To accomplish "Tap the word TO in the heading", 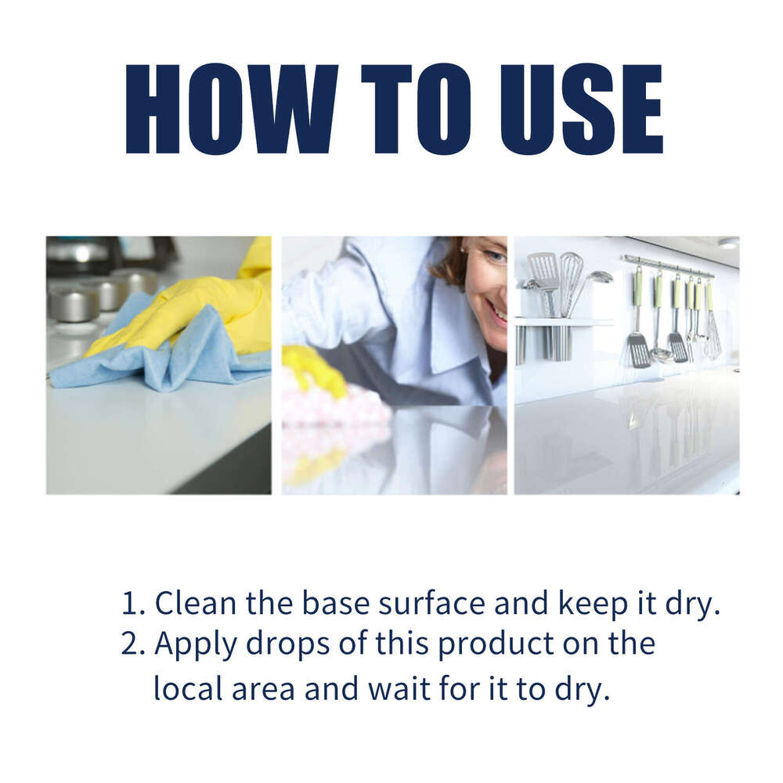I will click(x=416, y=109).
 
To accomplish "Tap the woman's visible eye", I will click(x=493, y=256).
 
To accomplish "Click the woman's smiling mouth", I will click(x=498, y=312).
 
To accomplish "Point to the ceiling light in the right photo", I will click(x=727, y=244).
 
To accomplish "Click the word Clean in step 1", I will click(x=196, y=604).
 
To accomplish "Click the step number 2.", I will click(x=130, y=644).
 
